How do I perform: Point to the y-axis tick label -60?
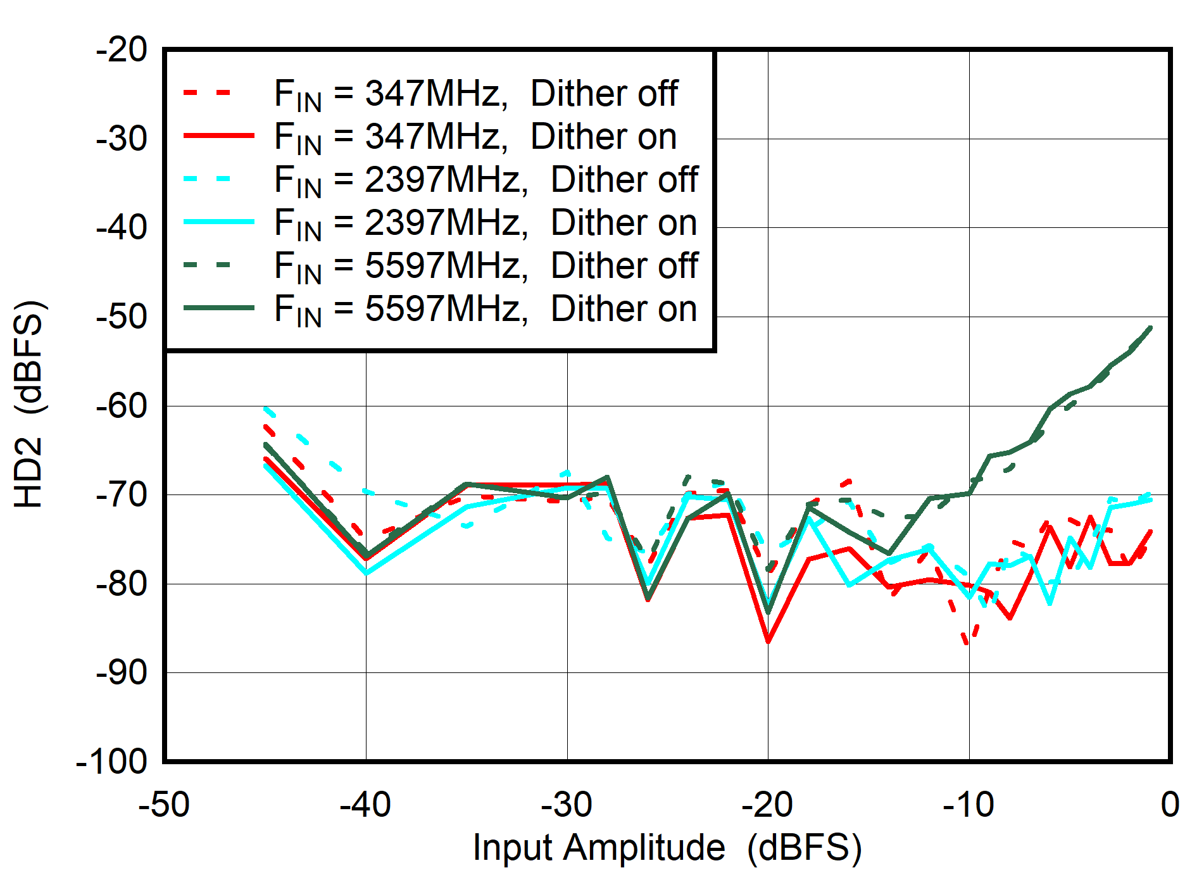coord(122,405)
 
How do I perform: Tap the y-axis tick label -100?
coord(111,761)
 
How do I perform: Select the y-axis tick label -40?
coord(122,227)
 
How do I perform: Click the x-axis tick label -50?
coord(164,805)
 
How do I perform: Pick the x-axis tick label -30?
coord(567,805)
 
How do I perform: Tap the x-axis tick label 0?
coord(1170,805)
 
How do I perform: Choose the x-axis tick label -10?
coord(969,805)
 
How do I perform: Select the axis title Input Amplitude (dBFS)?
coord(667,848)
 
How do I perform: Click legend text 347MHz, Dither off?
coord(476,94)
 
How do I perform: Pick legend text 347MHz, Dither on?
coord(475,137)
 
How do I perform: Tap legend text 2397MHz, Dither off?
coord(486,180)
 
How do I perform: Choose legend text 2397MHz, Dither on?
coord(486,223)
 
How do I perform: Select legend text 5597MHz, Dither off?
coord(486,266)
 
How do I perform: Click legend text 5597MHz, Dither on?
coord(486,309)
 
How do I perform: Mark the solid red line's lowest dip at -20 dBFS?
coord(768,642)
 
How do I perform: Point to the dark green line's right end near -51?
coord(1150,328)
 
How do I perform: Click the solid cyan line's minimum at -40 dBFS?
coord(366,573)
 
